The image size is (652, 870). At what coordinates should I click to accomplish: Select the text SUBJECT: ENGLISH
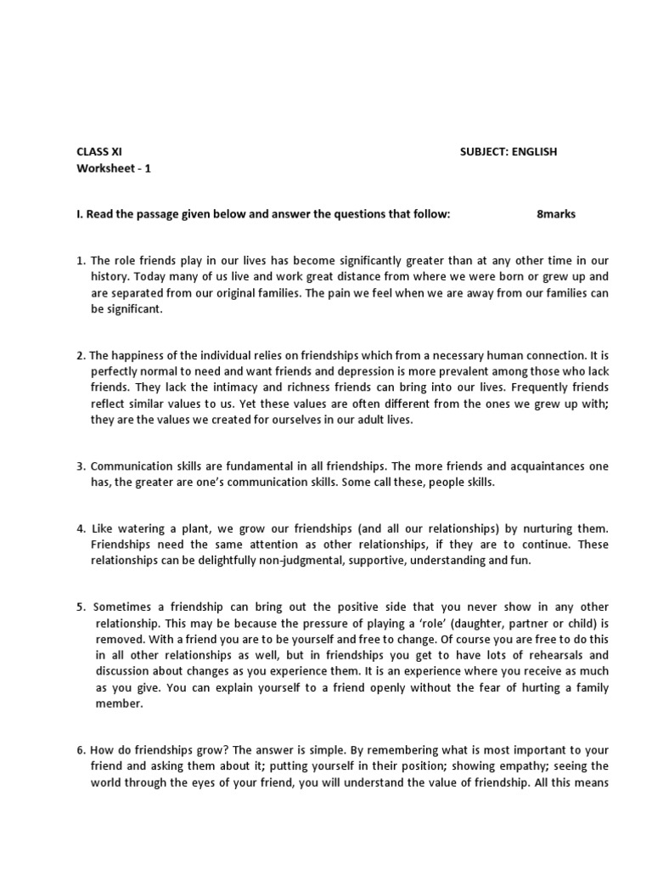[x=509, y=152]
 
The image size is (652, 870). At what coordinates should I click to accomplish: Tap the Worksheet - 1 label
[x=114, y=168]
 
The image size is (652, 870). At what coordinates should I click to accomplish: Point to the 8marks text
[x=556, y=214]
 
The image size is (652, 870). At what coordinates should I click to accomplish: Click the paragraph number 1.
[x=80, y=261]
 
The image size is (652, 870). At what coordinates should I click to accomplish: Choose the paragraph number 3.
[x=80, y=466]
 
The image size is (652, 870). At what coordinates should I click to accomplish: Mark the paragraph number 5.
[x=80, y=607]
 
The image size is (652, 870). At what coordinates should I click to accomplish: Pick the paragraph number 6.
[x=80, y=750]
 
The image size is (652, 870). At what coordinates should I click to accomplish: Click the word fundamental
[x=237, y=466]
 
